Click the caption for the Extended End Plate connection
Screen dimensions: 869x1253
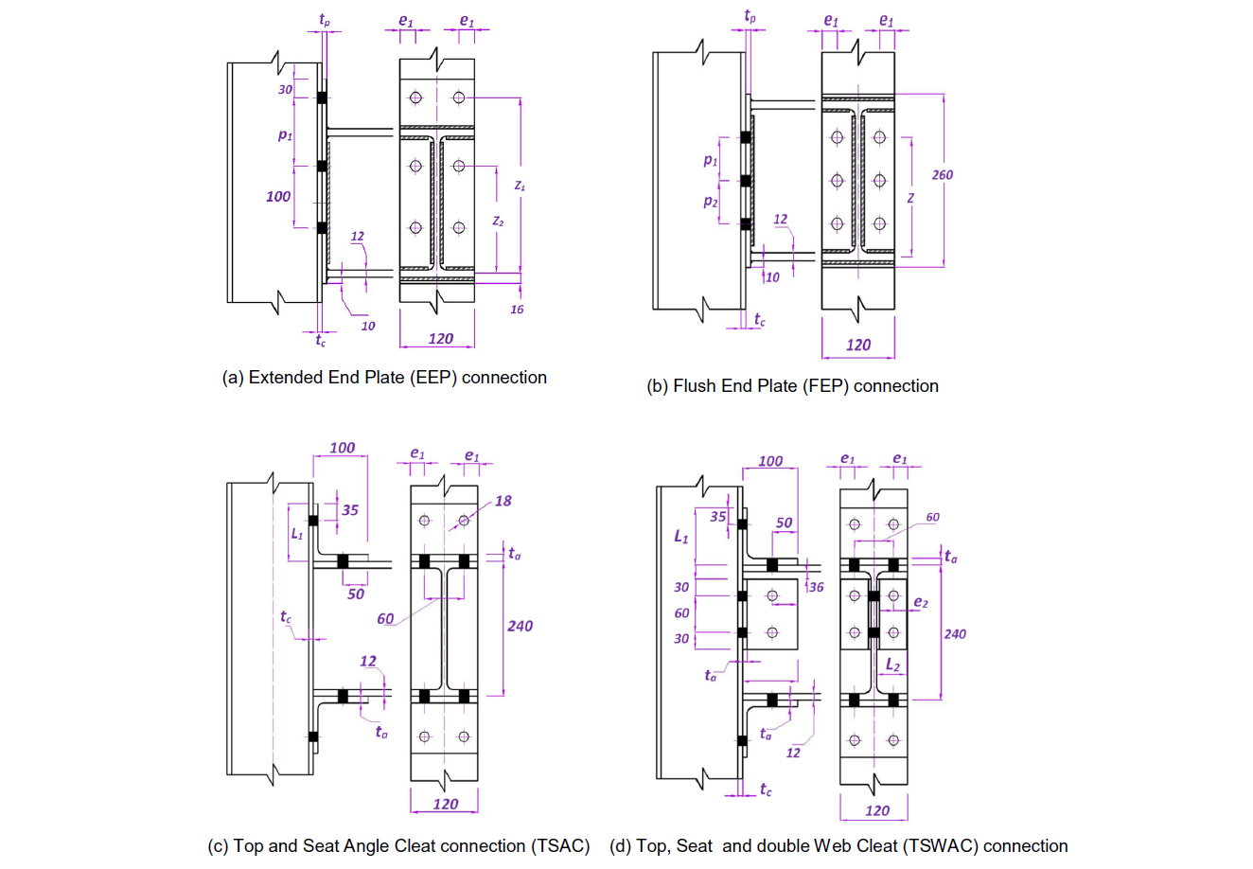tap(384, 377)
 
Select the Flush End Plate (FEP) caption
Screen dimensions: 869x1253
tap(792, 385)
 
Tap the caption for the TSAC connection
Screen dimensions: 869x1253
tap(398, 845)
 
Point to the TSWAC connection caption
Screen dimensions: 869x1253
tap(838, 845)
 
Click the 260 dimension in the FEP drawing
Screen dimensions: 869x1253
tap(942, 174)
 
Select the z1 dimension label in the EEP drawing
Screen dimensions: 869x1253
tap(520, 186)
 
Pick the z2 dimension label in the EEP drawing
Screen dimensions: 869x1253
tap(498, 221)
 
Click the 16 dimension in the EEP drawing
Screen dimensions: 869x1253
tap(517, 310)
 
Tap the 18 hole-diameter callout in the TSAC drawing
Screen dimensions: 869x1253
tap(503, 501)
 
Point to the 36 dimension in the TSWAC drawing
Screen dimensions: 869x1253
tap(815, 587)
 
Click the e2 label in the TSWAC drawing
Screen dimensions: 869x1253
tap(921, 602)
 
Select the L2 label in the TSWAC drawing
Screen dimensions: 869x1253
tap(892, 665)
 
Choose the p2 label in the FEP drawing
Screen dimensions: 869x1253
tap(711, 202)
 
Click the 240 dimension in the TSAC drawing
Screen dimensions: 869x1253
tap(520, 626)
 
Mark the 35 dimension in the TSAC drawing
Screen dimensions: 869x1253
tap(350, 510)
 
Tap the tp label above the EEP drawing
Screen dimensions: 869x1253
tap(325, 18)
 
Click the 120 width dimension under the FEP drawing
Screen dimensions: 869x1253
tap(857, 345)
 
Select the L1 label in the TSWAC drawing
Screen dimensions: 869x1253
tap(680, 537)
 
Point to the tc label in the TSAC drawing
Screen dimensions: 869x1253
tap(286, 617)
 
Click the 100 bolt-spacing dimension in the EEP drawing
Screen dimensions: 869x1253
tap(278, 196)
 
